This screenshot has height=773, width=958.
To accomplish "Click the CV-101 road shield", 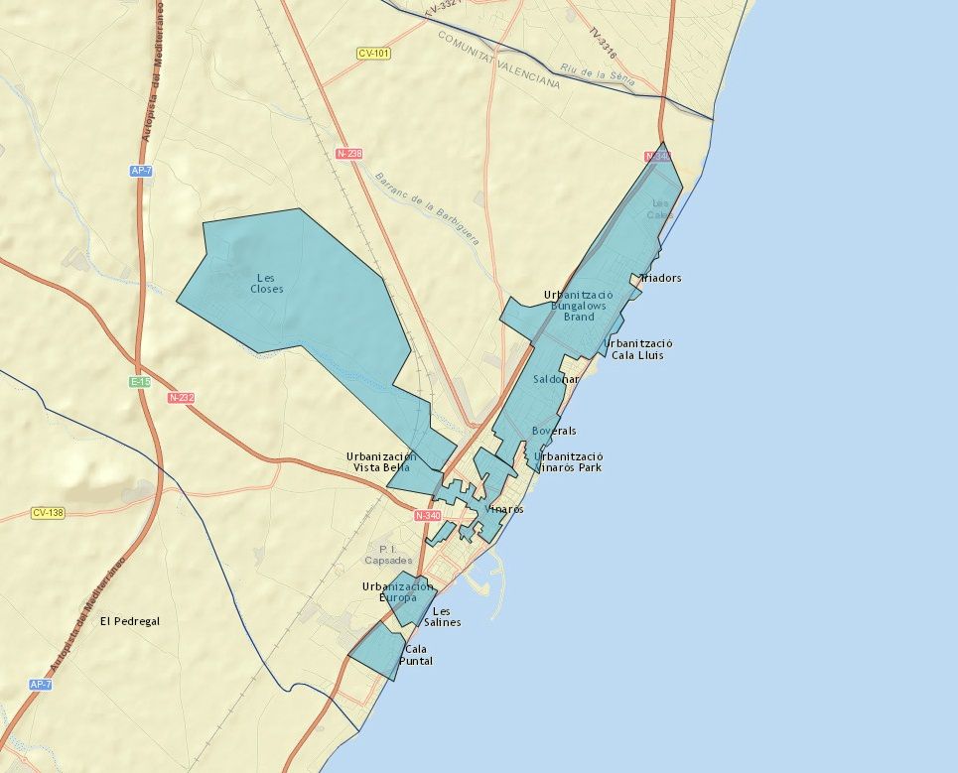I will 372,53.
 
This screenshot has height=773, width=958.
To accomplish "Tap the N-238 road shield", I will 348,154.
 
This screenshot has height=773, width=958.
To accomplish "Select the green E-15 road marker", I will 140,381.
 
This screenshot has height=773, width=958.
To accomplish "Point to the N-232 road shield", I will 180,398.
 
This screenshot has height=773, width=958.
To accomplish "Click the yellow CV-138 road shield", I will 47,513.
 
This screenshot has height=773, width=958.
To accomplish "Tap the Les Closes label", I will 268,283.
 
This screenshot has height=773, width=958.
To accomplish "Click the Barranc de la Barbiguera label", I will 427,207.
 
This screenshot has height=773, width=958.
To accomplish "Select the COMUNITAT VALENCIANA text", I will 498,59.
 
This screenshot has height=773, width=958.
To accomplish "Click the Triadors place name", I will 660,278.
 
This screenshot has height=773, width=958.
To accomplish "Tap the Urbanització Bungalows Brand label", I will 579,306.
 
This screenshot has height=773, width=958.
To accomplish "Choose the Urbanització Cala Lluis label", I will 637,348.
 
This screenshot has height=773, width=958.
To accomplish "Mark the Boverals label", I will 554,431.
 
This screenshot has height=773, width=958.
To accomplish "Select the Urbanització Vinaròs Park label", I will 568,461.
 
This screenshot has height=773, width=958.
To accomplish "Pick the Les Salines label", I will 442,616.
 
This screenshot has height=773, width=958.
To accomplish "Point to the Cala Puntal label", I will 416,655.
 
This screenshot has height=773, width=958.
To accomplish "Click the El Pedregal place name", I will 129,621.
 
